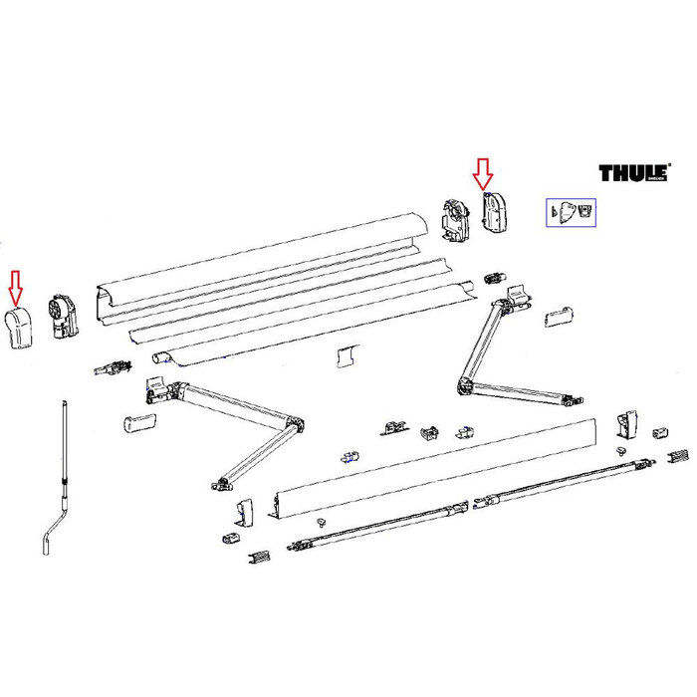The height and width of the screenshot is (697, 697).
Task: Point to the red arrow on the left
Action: [15, 286]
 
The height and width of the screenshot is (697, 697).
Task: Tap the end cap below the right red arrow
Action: [493, 212]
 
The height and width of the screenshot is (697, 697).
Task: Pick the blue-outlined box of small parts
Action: [570, 212]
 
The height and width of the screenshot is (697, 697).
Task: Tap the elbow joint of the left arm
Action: [294, 427]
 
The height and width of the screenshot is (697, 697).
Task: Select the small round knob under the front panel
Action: [322, 522]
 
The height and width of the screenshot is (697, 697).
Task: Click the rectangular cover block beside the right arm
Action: [560, 316]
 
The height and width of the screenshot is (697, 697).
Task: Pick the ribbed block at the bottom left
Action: [258, 554]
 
